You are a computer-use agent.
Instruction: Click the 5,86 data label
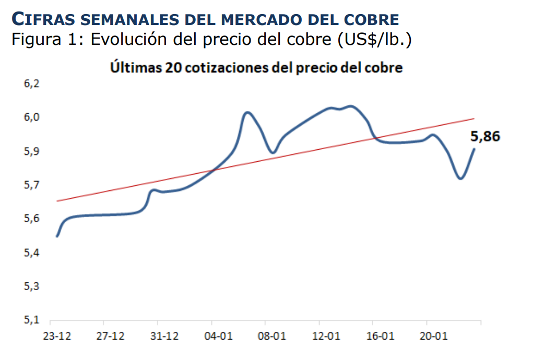coord(485,137)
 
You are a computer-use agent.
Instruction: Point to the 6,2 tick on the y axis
coord(32,84)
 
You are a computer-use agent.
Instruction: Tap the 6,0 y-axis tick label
coord(32,118)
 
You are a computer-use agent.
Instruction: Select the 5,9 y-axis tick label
coord(32,152)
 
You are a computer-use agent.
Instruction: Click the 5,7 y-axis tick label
coord(32,185)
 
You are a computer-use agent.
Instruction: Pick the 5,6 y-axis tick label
coord(32,219)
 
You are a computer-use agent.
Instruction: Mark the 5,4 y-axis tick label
coord(32,253)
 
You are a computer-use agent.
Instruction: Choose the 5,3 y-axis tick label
coord(32,286)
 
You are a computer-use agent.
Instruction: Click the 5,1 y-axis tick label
coord(32,320)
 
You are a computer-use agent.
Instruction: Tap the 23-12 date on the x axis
coord(56,335)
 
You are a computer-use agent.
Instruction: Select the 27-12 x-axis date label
coord(110,335)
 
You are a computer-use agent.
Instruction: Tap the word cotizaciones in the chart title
coord(226,68)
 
